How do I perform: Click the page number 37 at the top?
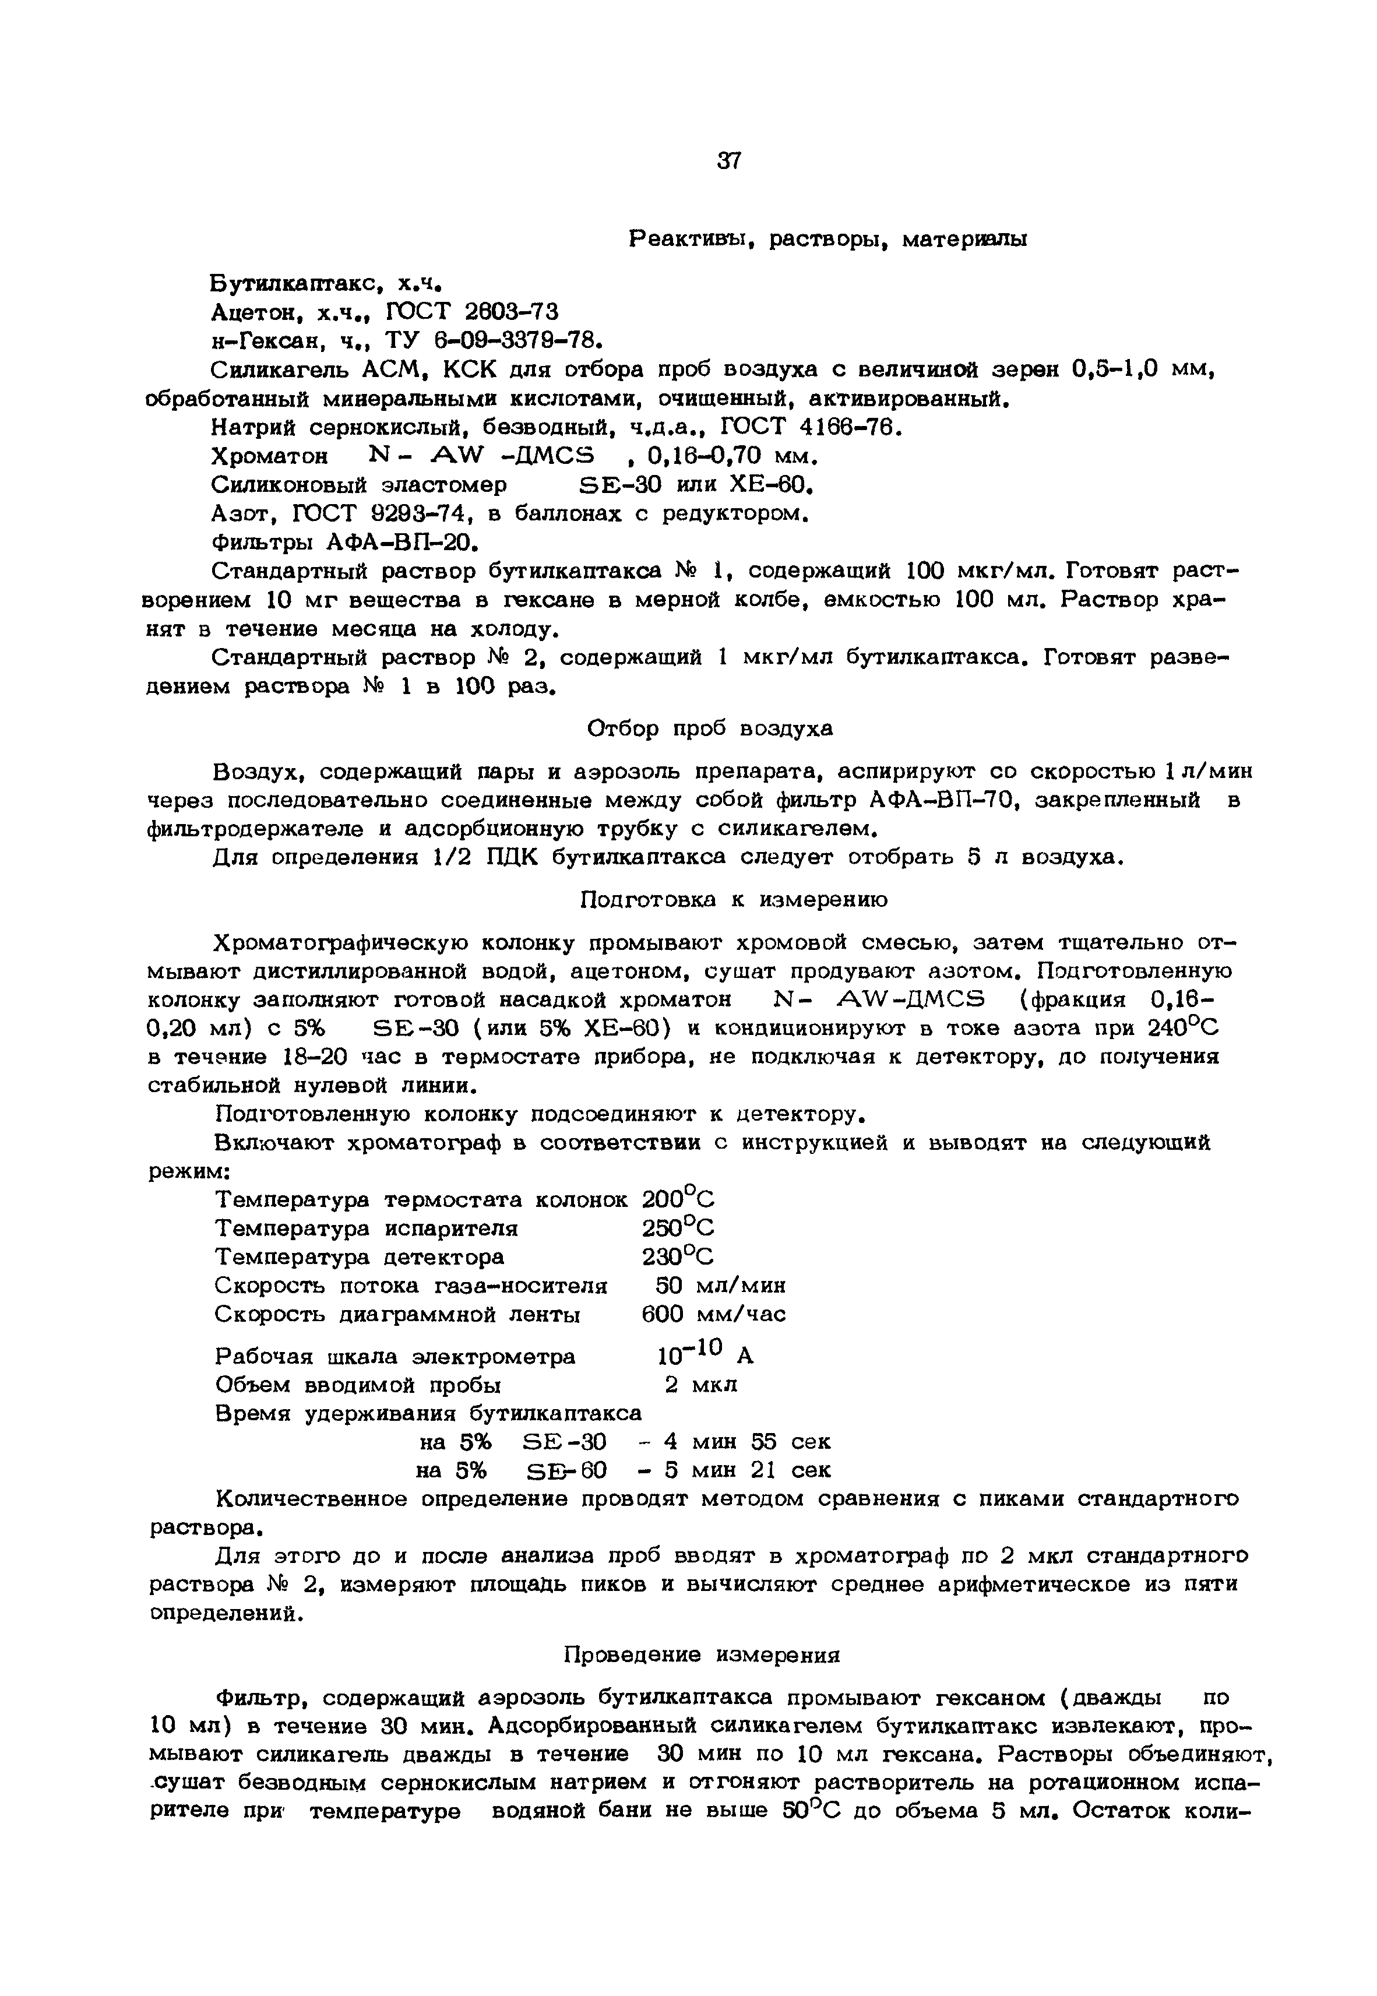point(728,160)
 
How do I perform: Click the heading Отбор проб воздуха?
point(709,729)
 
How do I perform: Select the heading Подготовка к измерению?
point(732,900)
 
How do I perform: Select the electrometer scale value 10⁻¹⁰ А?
point(704,1354)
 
